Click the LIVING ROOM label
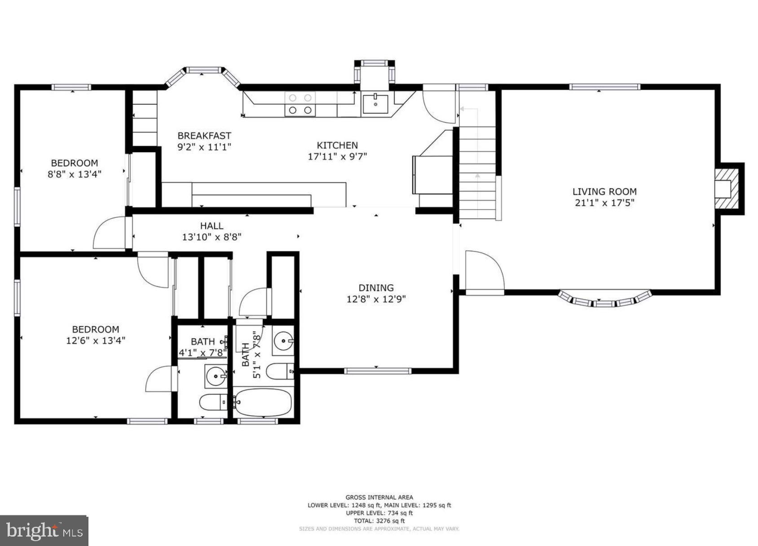click(604, 192)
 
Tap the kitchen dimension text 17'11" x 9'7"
click(337, 157)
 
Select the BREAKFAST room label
click(204, 136)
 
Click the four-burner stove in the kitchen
click(300, 104)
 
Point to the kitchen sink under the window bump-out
click(375, 104)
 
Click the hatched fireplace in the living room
click(727, 189)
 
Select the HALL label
click(212, 226)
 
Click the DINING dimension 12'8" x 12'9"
click(376, 299)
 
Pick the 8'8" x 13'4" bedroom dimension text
click(75, 174)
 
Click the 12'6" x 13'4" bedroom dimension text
click(95, 341)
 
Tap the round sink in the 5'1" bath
click(283, 341)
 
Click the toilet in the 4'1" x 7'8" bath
click(214, 402)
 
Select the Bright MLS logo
click(44, 531)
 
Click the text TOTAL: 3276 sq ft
click(379, 521)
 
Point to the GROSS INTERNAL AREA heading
click(379, 497)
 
